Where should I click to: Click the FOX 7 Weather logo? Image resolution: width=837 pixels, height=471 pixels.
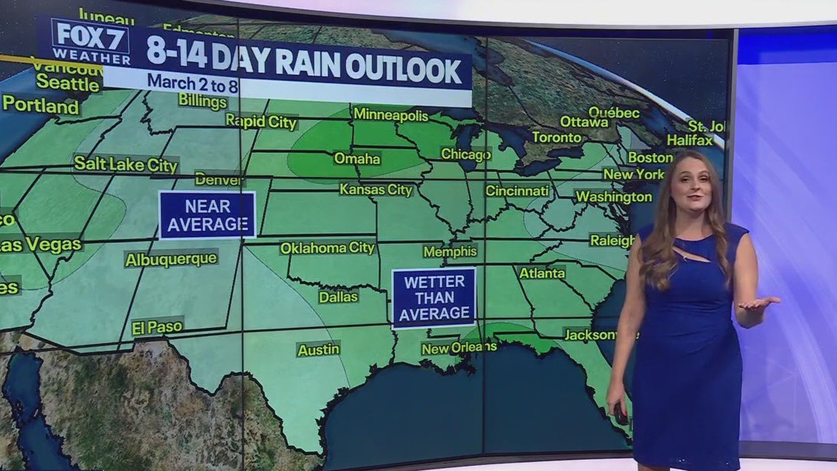[91, 42]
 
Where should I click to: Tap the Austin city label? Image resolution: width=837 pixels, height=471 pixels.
[318, 349]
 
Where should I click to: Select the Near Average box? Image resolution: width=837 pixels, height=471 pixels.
[207, 215]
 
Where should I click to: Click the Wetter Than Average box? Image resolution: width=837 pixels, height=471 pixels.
[434, 298]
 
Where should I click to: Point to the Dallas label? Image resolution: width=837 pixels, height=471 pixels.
[338, 296]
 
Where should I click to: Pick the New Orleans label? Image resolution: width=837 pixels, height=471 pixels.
[459, 349]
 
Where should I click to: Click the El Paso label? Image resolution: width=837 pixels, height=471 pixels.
[157, 327]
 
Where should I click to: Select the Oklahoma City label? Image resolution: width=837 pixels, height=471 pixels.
[327, 248]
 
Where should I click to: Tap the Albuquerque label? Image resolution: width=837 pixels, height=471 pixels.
[171, 259]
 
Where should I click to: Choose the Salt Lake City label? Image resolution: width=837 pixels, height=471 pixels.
[126, 163]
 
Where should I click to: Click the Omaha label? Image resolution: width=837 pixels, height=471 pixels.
[357, 159]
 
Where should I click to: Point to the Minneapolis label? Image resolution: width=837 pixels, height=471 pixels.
[390, 115]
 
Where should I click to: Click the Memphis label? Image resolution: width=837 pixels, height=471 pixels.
[450, 252]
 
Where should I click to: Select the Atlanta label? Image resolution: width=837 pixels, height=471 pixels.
[542, 272]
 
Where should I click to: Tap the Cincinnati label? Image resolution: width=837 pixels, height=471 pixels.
[518, 190]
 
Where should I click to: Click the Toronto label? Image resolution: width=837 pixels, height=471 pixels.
[557, 138]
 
